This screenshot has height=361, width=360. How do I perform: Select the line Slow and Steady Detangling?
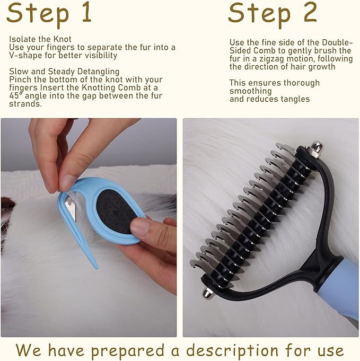[x=64, y=71]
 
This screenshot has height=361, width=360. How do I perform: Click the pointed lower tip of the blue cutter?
[x=95, y=265]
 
